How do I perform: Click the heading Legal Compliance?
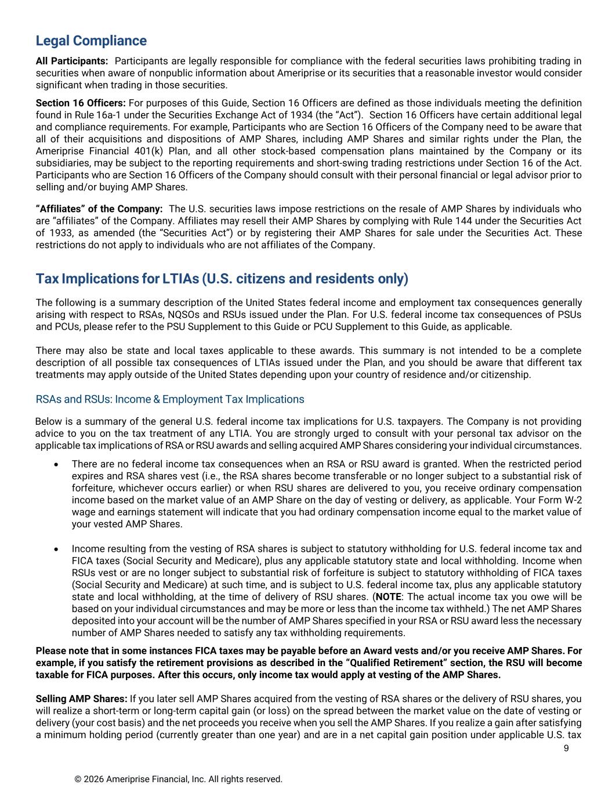91,41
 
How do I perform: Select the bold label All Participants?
71,61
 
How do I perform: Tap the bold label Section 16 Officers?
81,103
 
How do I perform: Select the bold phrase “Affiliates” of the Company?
99,209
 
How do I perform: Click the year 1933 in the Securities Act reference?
59,233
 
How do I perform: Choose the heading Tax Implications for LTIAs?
222,279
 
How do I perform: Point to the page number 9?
566,748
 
